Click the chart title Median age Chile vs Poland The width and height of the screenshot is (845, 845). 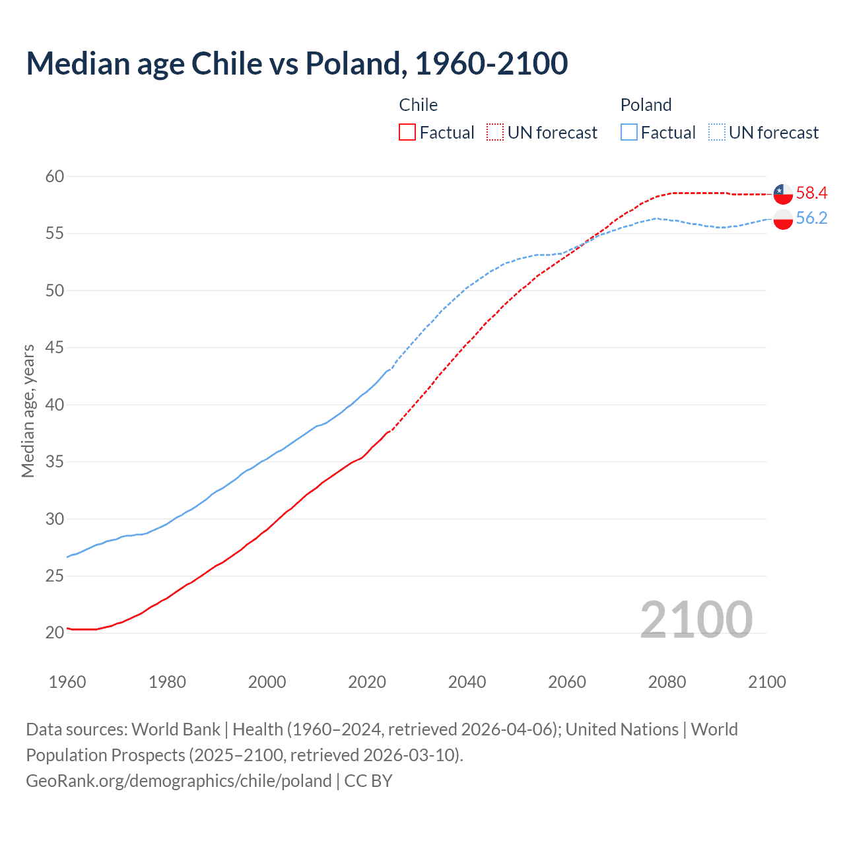point(296,64)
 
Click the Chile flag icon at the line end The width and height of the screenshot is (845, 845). point(783,193)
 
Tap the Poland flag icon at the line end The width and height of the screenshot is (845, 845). point(783,219)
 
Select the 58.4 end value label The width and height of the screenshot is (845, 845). point(811,193)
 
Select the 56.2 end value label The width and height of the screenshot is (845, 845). point(811,219)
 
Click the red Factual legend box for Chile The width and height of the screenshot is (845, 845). point(407,133)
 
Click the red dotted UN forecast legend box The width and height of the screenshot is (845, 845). point(495,133)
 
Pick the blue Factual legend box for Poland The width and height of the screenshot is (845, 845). point(629,133)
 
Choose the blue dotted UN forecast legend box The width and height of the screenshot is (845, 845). point(717,133)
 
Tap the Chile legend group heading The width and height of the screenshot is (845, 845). point(419,105)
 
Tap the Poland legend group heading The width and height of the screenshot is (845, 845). point(646,105)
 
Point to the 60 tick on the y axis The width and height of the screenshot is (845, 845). point(55,176)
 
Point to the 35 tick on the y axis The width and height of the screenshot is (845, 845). point(55,461)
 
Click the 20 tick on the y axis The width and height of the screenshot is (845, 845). point(55,632)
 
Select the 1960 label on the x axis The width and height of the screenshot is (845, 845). point(67,682)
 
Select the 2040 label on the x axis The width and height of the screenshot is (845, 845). point(467,682)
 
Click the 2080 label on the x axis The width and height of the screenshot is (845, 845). point(667,682)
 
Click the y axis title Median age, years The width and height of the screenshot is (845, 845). point(28,411)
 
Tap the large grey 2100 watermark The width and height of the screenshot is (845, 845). point(696,619)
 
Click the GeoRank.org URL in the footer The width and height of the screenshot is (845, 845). point(178,781)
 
